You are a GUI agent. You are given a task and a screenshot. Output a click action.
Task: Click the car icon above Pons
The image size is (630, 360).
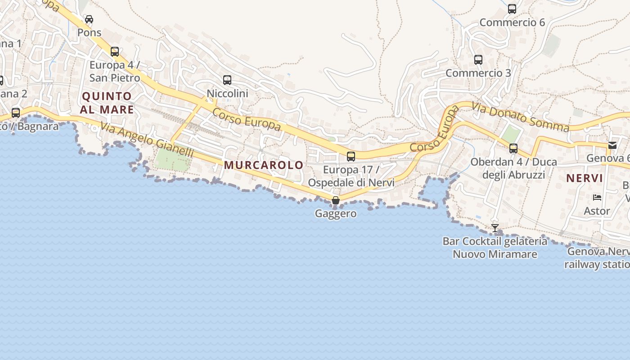pos(89,19)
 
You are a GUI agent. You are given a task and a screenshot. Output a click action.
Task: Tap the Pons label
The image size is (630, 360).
pos(89,32)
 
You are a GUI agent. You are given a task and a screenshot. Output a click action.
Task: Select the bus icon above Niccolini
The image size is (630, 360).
pos(227,80)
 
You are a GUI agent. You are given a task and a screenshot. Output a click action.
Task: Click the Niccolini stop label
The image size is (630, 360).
pos(227,93)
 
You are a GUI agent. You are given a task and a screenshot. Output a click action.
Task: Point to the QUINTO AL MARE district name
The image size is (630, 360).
pos(107,103)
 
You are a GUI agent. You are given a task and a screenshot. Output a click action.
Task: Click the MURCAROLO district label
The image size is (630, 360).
pos(264,165)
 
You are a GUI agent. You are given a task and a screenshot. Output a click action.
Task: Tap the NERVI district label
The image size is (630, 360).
pos(584,178)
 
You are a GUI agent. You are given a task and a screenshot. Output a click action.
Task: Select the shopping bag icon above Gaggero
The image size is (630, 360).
pos(336,200)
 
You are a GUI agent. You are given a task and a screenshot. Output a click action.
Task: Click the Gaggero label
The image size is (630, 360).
pos(336,213)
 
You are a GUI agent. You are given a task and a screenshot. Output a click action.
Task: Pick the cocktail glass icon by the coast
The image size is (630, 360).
pos(495,228)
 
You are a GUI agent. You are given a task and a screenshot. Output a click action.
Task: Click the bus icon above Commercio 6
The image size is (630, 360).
pos(512,9)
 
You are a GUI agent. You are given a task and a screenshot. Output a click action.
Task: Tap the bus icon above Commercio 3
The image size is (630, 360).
pos(478,59)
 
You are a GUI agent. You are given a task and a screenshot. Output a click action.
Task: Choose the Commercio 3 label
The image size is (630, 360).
pos(478,72)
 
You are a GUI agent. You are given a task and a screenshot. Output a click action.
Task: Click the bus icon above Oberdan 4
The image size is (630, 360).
pos(513,148)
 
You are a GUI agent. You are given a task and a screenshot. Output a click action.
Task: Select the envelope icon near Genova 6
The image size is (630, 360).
pos(612,145)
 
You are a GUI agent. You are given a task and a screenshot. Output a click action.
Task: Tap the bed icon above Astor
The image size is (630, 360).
pos(597,198)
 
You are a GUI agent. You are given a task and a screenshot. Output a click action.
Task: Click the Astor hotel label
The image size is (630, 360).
pos(597,211)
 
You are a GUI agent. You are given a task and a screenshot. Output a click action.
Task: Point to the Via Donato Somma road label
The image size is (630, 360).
pos(520,117)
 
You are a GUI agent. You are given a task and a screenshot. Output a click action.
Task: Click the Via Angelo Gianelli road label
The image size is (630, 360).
pos(147,140)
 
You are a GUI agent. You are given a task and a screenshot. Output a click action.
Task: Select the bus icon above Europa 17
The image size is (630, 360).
pos(351,157)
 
